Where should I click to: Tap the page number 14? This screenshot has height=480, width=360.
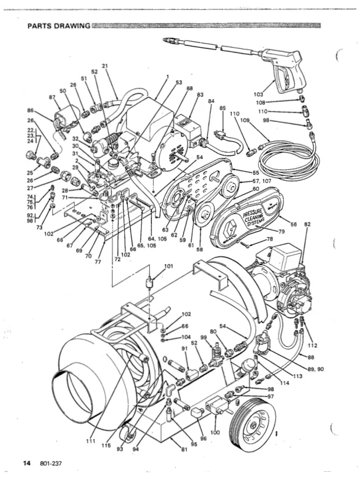[26, 463]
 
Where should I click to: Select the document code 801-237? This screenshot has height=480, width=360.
[51, 463]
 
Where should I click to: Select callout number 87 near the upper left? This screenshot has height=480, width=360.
[52, 97]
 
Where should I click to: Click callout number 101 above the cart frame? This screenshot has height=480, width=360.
[168, 267]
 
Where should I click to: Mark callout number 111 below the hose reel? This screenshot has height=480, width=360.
[91, 441]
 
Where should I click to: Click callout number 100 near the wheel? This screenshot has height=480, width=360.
[216, 433]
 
